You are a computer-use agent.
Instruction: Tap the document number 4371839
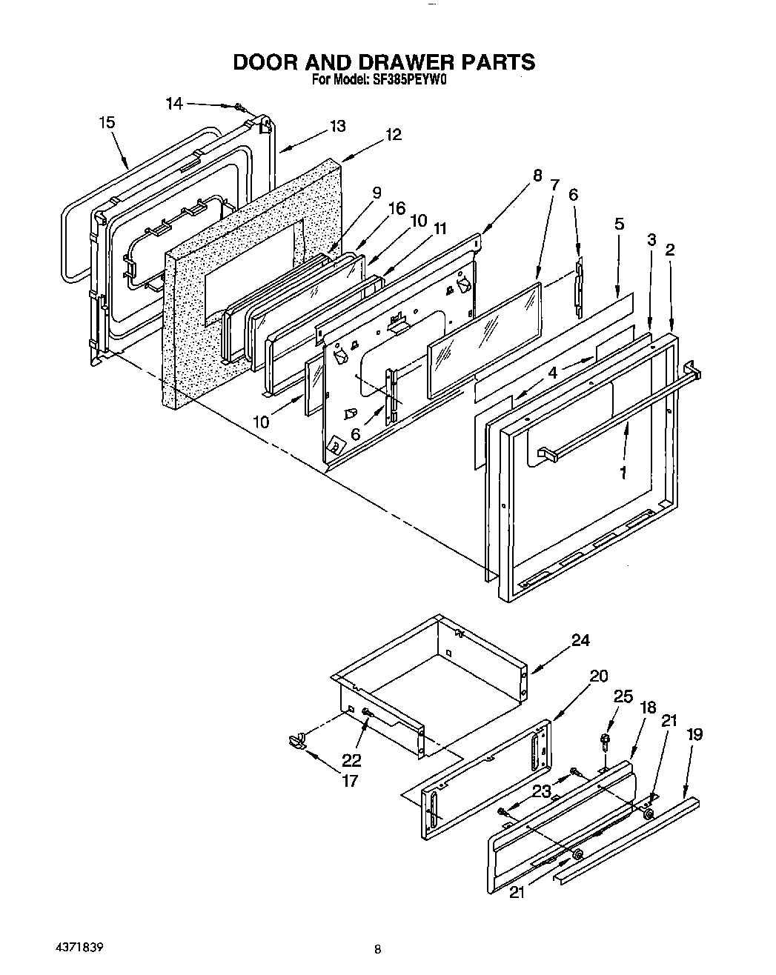point(78,927)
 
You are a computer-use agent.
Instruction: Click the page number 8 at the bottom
point(377,928)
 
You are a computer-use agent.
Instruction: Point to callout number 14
point(174,104)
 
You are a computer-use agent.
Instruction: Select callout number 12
point(394,135)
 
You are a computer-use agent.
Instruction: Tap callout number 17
point(350,780)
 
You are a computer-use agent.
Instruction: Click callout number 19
point(694,734)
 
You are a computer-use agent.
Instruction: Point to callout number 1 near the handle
point(623,471)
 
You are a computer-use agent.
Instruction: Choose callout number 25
point(623,697)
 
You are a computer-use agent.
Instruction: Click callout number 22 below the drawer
point(351,760)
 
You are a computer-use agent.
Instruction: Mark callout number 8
point(537,176)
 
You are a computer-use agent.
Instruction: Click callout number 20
point(598,676)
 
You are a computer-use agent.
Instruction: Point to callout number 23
point(542,791)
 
